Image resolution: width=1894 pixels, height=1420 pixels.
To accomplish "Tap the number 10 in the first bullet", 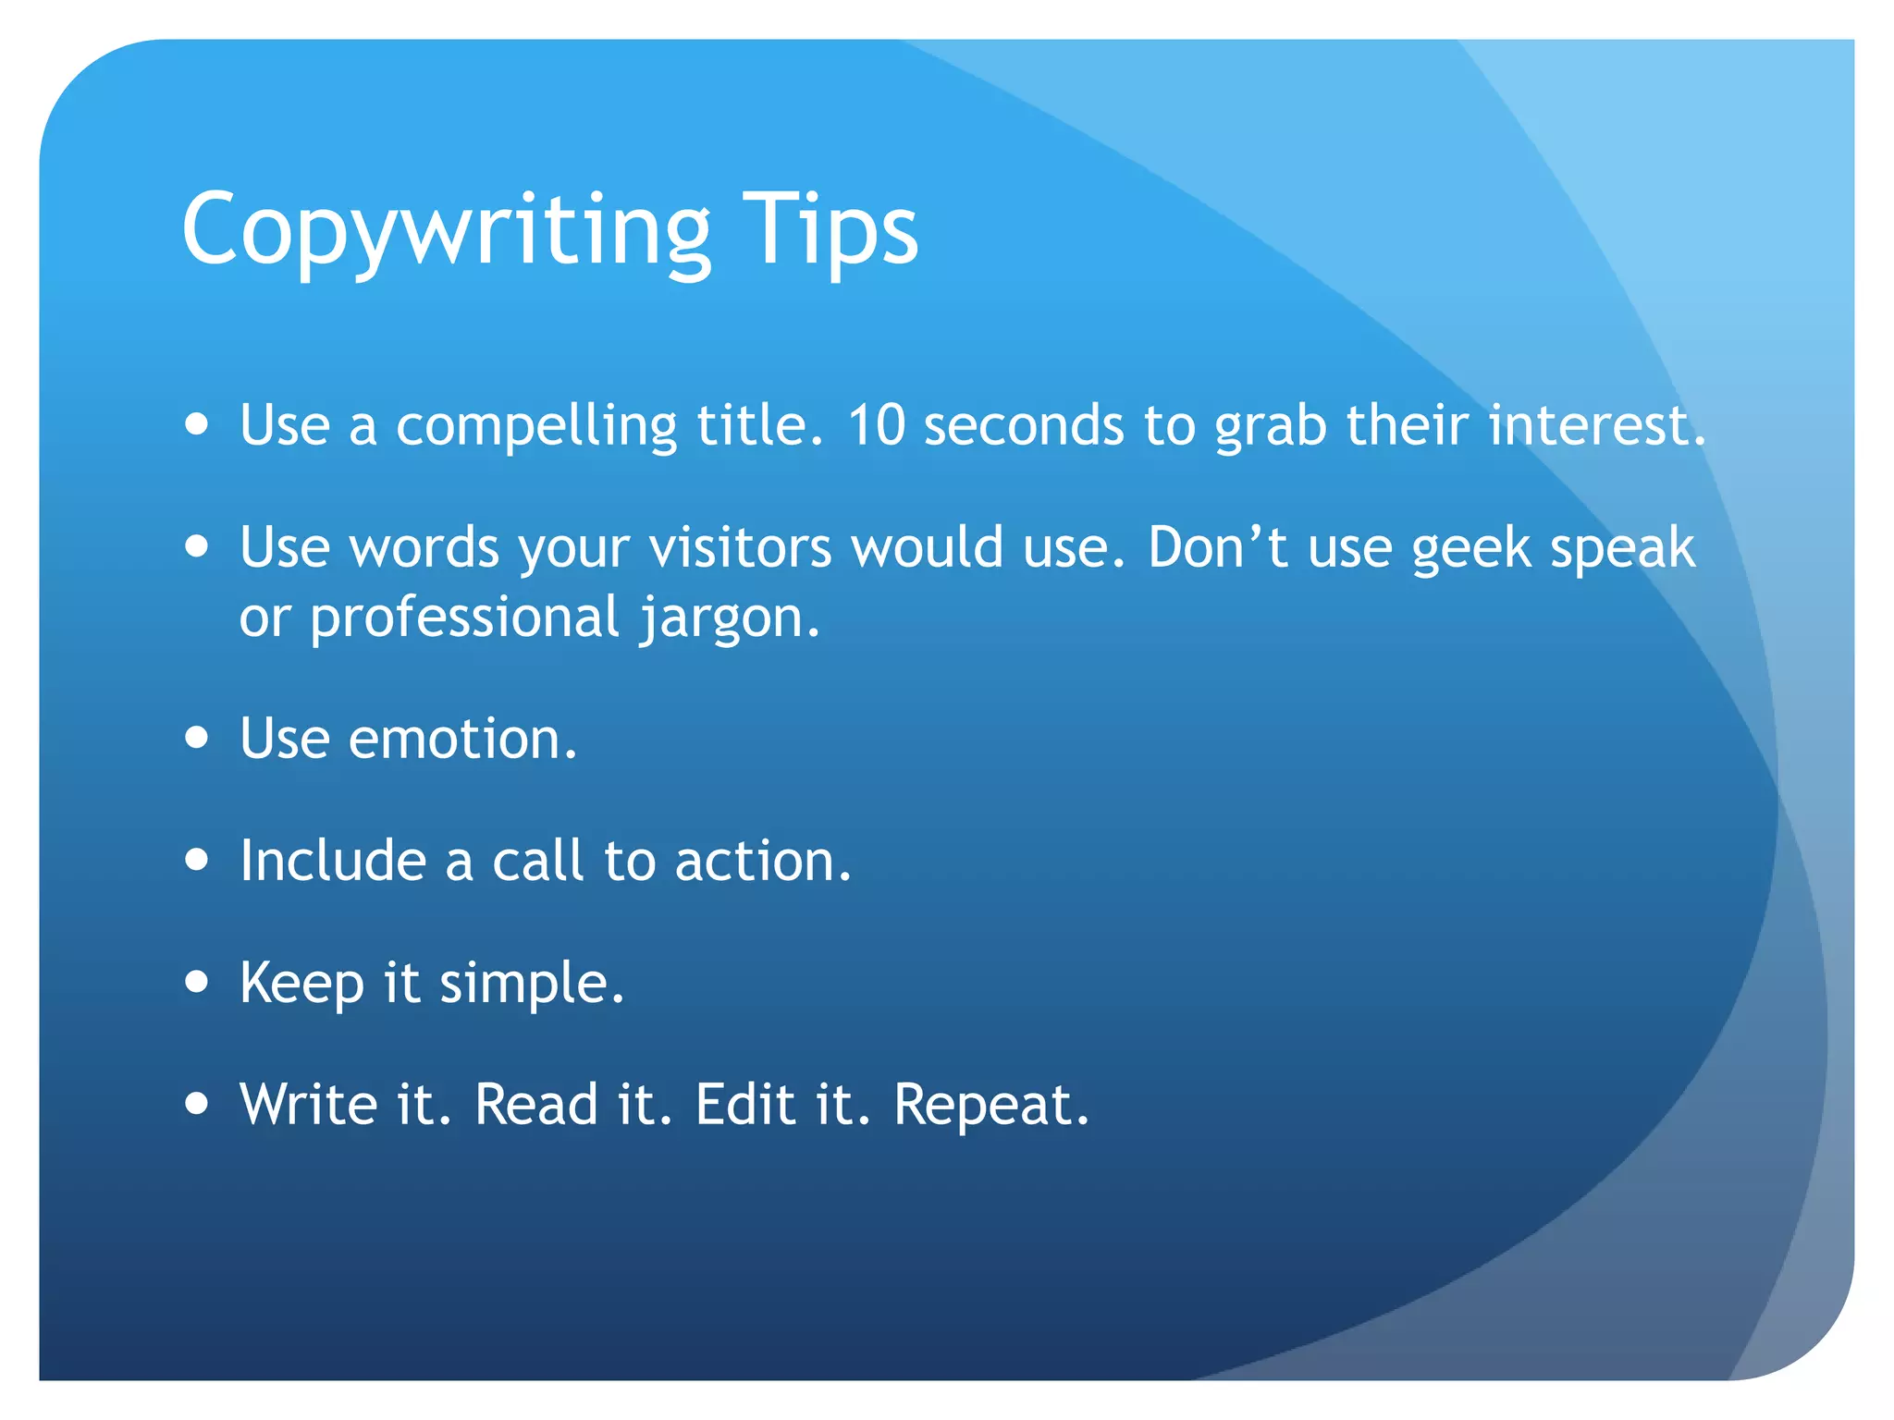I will coord(876,426).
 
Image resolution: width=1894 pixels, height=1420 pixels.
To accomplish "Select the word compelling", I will coord(536,426).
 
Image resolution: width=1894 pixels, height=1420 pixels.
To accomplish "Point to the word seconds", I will coord(1024,426).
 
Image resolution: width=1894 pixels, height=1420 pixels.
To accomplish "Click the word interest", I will coord(1596,426).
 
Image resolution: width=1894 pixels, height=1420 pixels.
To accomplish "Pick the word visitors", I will coord(740,548).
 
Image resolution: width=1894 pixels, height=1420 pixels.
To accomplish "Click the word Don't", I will coord(1218,546).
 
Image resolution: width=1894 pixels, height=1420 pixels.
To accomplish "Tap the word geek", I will coord(1471,548).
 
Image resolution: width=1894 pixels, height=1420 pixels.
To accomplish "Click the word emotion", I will coord(462,740).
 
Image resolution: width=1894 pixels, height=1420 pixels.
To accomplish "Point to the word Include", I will coord(333,861).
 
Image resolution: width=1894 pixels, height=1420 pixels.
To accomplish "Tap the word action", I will coord(762,861).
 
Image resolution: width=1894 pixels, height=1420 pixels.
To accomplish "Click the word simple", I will coord(532,984).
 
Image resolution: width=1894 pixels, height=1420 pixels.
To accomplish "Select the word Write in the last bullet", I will coord(309,1104).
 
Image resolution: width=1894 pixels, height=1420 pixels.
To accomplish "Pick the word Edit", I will coord(745,1104).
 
